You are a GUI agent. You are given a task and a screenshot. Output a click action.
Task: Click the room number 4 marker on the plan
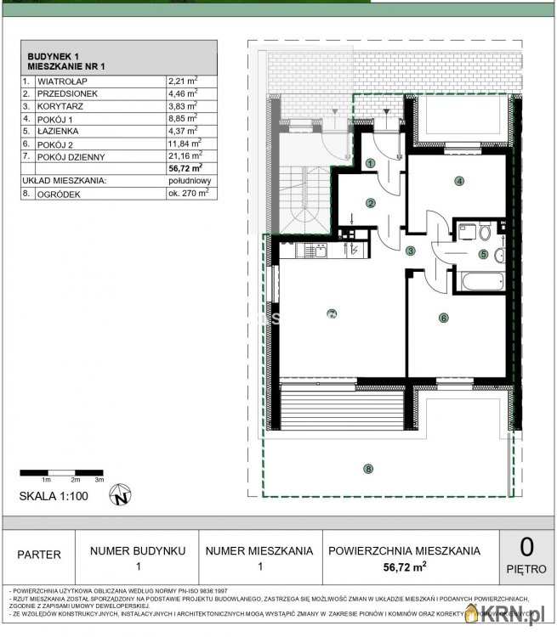pos(458,180)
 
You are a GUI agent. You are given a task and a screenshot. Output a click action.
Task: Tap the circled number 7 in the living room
pos(332,313)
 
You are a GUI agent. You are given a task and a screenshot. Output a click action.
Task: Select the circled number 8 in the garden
pos(368,468)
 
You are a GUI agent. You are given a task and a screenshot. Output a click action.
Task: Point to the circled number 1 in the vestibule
pos(370,164)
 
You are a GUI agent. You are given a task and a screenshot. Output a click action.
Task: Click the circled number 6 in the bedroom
pos(443,318)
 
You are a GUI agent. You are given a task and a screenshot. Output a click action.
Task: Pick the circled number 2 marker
pos(371,203)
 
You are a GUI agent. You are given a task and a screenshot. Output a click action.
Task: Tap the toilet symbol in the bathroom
pos(484,231)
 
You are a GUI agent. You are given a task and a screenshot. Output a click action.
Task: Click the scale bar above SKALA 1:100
pos(61,472)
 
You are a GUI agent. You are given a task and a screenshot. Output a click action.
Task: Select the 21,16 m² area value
pos(185,155)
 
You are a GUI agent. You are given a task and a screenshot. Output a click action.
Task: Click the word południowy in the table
pos(190,181)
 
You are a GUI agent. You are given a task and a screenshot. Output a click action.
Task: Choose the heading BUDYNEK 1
pos(54,56)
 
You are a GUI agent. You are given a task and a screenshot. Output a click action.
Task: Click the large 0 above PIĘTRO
pos(526,545)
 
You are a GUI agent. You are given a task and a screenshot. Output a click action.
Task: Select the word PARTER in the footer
pos(39,555)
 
